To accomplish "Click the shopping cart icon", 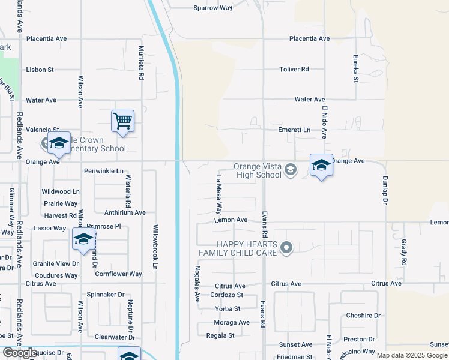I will coord(122,121).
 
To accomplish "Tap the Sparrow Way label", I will coord(212,8).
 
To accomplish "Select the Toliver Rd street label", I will coord(294,70).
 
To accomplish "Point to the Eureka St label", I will coord(356,71).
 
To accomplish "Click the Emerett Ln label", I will coord(294,130).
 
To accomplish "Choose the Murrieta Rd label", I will coord(142,63).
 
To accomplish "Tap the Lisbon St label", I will coord(40,70).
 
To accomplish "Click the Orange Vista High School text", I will coord(258,171).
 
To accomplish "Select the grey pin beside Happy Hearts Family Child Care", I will coord(286,247).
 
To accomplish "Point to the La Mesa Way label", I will coord(219,195).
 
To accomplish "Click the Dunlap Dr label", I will coord(384,190).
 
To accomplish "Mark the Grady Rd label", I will coord(403,253).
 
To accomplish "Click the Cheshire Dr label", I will coord(363,316).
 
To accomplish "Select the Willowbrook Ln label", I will coord(155,247).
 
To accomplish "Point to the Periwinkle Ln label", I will coord(103,171).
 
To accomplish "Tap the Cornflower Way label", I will coord(118,274).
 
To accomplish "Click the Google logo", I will coord(20,353).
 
